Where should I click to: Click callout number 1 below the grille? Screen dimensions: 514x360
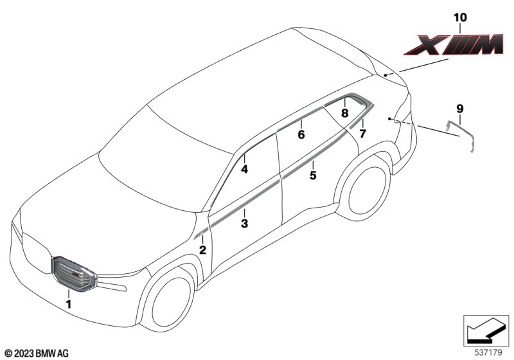[69, 304]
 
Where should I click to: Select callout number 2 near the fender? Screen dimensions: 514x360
[203, 250]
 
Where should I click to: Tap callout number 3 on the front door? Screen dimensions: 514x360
[245, 224]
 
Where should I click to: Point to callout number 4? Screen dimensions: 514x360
[245, 169]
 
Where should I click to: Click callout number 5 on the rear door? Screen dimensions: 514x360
[313, 175]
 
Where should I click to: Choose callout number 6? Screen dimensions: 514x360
[301, 134]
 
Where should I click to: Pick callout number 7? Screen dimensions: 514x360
[362, 134]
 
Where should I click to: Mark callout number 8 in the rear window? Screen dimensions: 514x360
[344, 113]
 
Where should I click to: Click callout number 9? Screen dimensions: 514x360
[460, 108]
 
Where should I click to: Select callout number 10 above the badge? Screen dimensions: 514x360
[460, 17]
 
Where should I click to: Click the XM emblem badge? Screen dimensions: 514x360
[454, 44]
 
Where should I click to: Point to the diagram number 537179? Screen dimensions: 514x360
[488, 353]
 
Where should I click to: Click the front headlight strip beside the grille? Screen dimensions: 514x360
[112, 284]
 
